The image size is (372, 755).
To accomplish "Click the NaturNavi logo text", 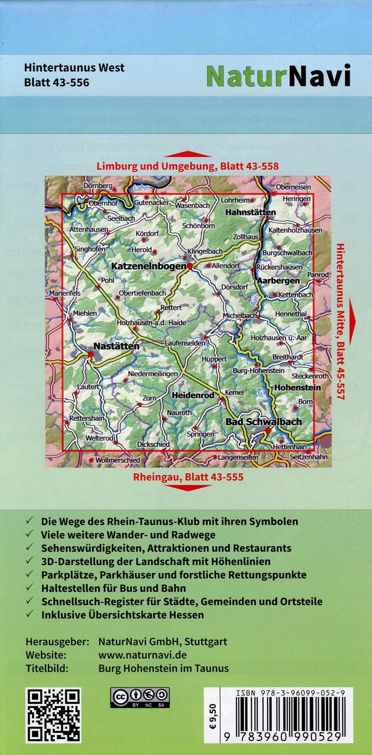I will point(278,76).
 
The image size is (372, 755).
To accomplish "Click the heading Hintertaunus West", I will point(74,68).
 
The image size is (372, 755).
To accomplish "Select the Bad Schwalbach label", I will point(263,422).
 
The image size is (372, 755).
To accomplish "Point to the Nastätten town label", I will point(116,346).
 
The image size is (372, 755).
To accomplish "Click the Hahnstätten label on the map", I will point(250,212).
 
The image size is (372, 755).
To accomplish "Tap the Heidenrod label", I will point(193,395).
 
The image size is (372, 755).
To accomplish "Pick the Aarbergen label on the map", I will point(278,281).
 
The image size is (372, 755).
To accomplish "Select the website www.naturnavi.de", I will point(142,655).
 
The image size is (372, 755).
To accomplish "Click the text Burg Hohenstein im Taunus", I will point(163,668).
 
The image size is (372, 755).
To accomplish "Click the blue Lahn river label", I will point(141,188).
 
